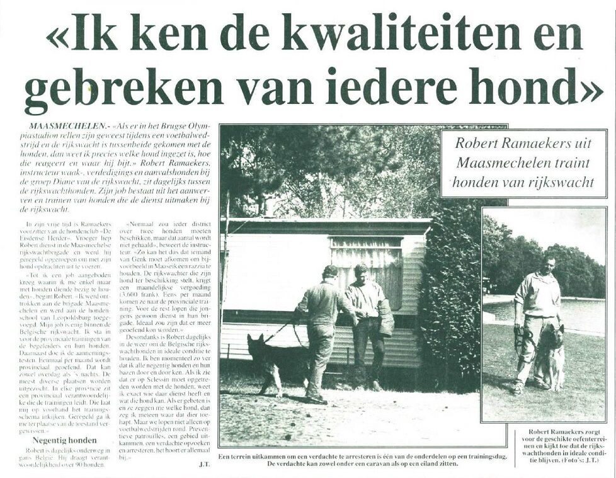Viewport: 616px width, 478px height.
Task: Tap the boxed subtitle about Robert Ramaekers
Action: pyautogui.click(x=523, y=163)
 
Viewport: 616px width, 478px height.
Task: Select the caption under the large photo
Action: pyautogui.click(x=361, y=459)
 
